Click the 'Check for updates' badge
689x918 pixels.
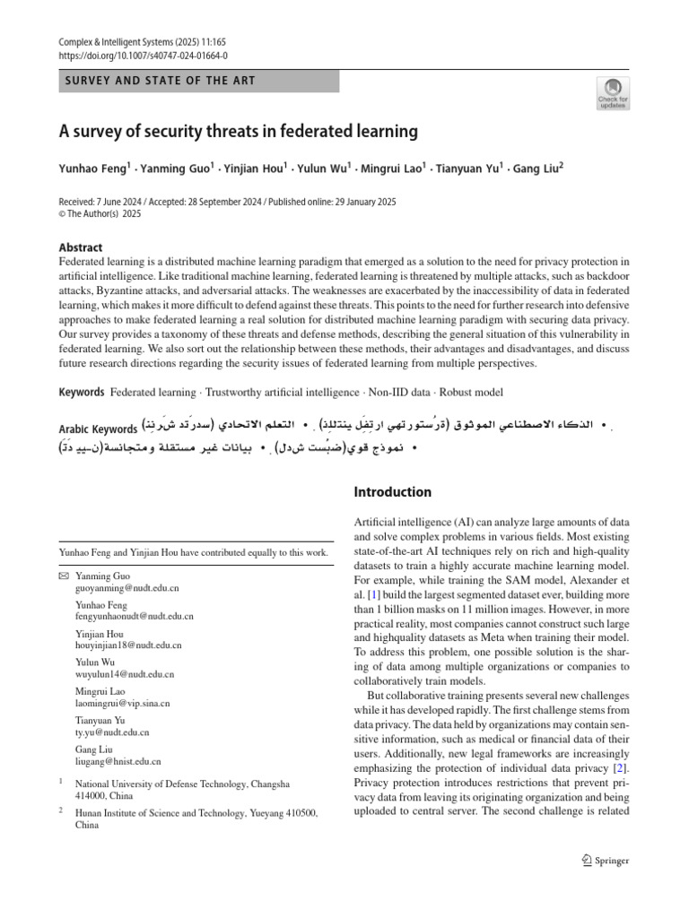(x=613, y=92)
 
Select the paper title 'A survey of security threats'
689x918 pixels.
(x=239, y=131)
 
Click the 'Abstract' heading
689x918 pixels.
(x=80, y=247)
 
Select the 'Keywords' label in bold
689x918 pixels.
(x=81, y=392)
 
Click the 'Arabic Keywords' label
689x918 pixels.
(x=98, y=429)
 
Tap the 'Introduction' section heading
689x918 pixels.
(x=393, y=492)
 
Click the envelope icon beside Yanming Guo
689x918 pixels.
(x=62, y=575)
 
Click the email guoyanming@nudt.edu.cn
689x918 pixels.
(x=126, y=588)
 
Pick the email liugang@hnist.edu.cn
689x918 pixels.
(x=118, y=761)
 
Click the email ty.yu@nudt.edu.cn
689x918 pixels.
(x=112, y=732)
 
